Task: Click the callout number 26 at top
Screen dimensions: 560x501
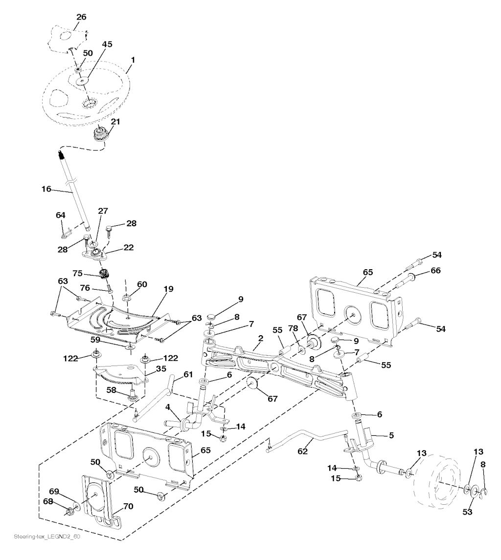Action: (81, 17)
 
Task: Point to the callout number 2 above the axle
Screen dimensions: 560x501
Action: (261, 338)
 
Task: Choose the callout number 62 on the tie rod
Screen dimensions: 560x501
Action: (303, 452)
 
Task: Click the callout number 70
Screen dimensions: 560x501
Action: (128, 507)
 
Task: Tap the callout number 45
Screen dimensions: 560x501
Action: (107, 44)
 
